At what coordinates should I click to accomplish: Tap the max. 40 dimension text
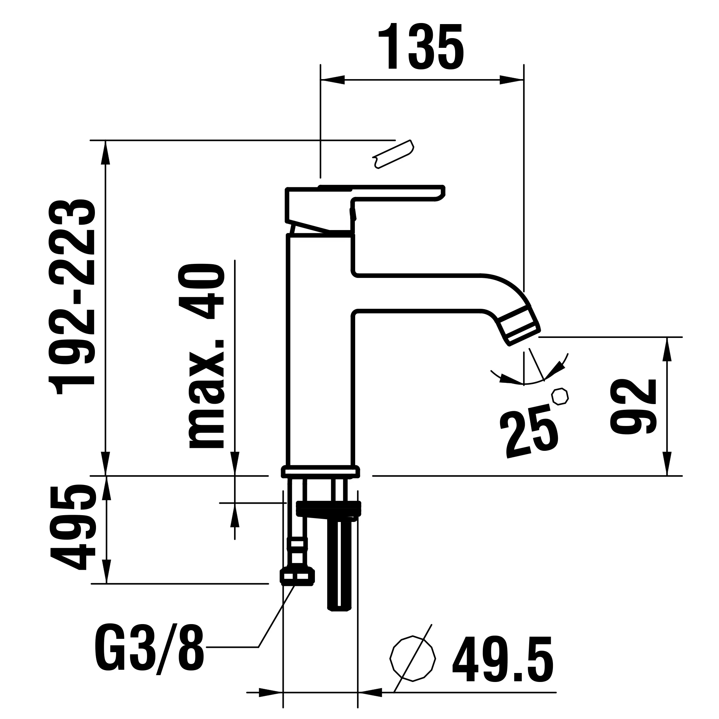pos(202,356)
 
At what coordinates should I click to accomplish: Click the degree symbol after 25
pos(560,396)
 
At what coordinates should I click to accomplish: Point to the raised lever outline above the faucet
pos(393,155)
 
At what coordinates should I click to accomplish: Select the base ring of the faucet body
pos(320,472)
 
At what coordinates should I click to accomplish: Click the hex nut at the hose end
pos(297,577)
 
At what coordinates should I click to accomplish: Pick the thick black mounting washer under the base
pos(328,509)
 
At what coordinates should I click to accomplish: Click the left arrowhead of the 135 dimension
pos(332,80)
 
